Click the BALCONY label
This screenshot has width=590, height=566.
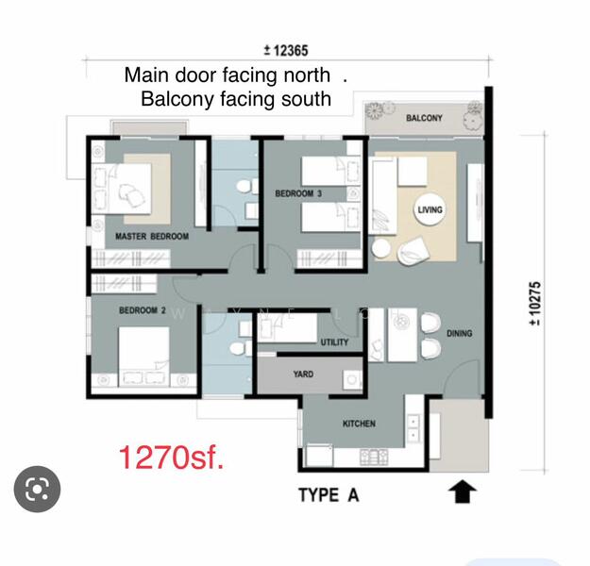tap(424, 118)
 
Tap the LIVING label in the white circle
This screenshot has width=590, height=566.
tap(430, 209)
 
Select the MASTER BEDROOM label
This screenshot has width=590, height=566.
tap(152, 237)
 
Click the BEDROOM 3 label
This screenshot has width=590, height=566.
tap(298, 193)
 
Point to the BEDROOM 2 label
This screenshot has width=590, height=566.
tap(143, 310)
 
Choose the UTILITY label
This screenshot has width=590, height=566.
tap(334, 342)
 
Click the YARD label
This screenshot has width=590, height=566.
tap(303, 375)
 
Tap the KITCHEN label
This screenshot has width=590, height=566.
tap(359, 424)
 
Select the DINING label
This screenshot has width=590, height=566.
tap(459, 334)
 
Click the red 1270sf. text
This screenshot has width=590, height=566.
tap(172, 458)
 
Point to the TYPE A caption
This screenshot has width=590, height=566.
tap(329, 495)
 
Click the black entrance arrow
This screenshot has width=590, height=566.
tap(463, 491)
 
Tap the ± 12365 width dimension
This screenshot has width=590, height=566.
tap(286, 50)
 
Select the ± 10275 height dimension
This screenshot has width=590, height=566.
tap(535, 304)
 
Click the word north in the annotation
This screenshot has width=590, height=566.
tap(307, 75)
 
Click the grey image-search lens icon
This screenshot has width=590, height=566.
tap(37, 489)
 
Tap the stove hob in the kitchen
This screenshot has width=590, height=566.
tap(374, 457)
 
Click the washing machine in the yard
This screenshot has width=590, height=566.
tap(352, 380)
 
